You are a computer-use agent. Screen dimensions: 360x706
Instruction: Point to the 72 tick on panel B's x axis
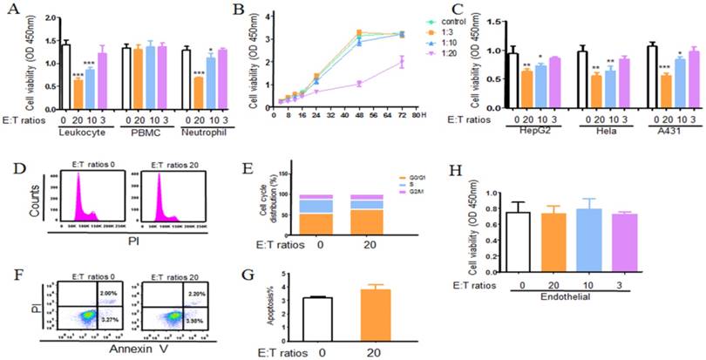click(400, 113)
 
